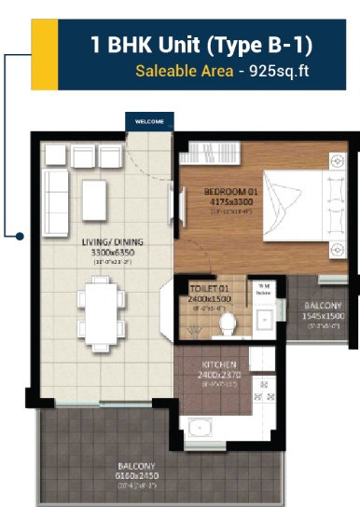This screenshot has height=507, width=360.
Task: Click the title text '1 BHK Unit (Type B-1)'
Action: pyautogui.click(x=201, y=44)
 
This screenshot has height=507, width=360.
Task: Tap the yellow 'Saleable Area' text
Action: pyautogui.click(x=177, y=71)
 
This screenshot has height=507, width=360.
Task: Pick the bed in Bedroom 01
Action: pyautogui.click(x=298, y=205)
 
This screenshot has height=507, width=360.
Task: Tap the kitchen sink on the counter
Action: pyautogui.click(x=200, y=429)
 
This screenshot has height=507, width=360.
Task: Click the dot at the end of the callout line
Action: pyautogui.click(x=18, y=235)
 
